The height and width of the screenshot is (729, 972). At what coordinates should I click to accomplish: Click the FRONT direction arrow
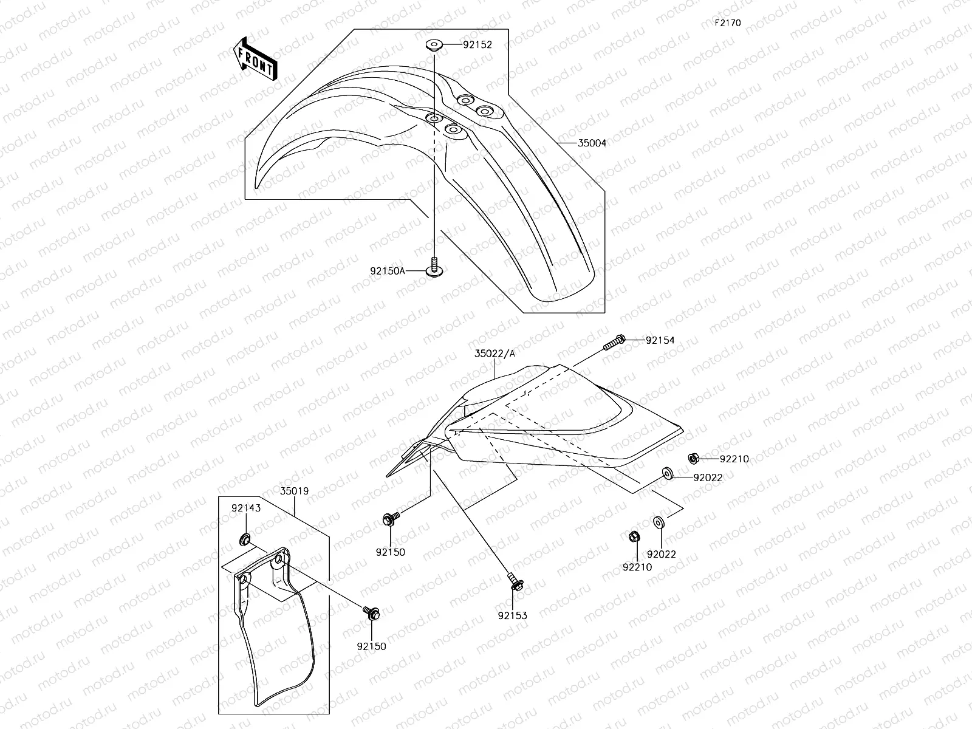point(255,59)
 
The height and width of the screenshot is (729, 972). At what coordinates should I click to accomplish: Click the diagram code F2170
point(727,23)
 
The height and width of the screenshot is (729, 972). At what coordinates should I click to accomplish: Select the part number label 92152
point(477,44)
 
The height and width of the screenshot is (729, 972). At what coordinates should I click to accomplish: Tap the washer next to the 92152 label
point(434,44)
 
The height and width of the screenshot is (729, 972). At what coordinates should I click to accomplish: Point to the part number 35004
point(591,143)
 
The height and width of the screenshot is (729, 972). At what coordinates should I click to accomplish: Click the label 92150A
point(387,271)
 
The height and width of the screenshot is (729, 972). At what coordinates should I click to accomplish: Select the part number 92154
point(660,341)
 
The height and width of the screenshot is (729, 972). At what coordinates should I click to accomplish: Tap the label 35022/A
point(495,353)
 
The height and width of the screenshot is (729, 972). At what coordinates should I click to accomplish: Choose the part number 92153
point(512,615)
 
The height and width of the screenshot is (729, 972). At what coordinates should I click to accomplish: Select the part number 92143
point(245,508)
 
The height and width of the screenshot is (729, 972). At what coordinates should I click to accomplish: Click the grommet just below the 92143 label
point(245,538)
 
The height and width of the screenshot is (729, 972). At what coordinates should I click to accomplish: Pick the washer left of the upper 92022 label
point(668,473)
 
